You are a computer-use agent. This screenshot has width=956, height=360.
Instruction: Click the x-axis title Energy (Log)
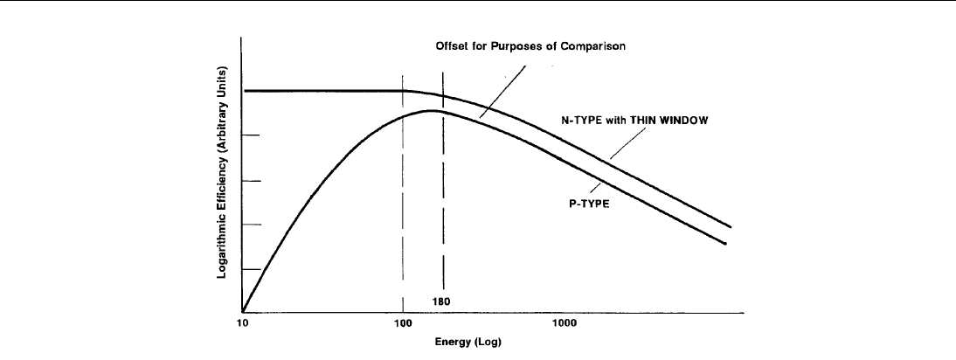[468, 343]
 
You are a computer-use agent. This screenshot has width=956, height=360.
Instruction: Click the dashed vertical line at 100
[403, 218]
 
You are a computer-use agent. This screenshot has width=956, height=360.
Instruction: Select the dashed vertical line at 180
[443, 218]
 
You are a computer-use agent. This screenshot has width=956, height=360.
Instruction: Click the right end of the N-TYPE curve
[729, 227]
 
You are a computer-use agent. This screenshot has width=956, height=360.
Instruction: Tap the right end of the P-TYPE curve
[726, 244]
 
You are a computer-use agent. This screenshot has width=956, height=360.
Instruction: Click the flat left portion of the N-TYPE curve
[323, 91]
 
